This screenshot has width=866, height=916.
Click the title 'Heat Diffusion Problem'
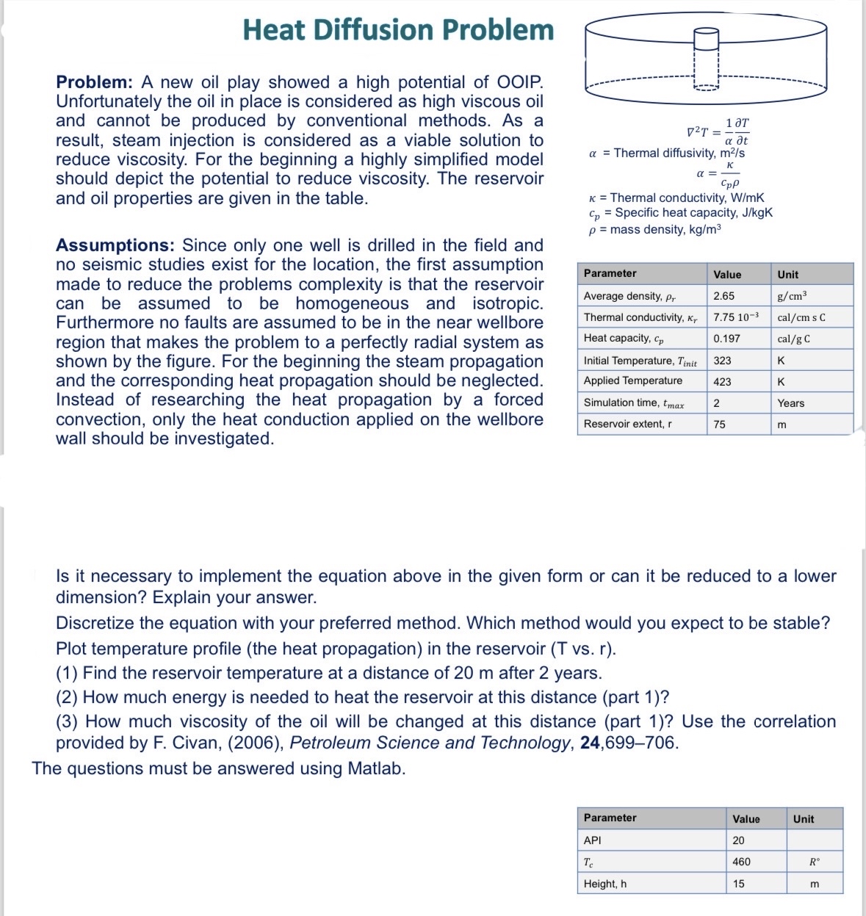coord(398,30)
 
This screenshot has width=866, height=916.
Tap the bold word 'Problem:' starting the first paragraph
coord(94,82)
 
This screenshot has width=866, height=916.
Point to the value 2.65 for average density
coord(724,296)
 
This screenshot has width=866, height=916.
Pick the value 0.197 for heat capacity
coord(726,339)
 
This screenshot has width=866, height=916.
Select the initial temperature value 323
coord(722,361)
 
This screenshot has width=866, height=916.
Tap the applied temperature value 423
coord(722,382)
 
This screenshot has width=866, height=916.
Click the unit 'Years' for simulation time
coord(790,403)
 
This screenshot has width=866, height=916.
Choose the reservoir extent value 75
coord(719,425)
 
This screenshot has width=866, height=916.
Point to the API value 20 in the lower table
coord(738,840)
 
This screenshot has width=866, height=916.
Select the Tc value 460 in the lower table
coord(741,862)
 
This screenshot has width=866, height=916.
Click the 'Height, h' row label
coord(605,884)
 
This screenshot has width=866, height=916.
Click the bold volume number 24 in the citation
coord(590,743)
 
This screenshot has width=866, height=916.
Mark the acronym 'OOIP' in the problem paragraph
coord(519,82)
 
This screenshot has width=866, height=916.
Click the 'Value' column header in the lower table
coord(746,819)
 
